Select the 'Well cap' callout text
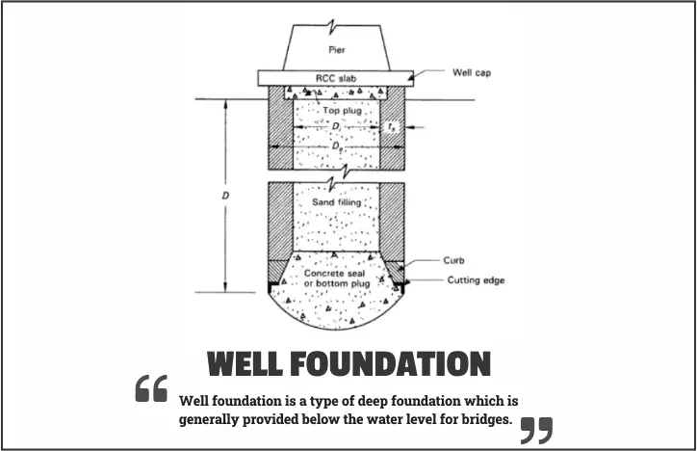[x=472, y=71]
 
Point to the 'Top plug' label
[x=336, y=112]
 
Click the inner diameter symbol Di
[x=336, y=126]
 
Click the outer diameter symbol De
[x=336, y=146]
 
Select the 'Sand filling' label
[x=336, y=202]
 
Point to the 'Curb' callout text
[x=454, y=260]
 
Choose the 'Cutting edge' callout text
[x=476, y=280]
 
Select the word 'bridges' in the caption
[x=486, y=420]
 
